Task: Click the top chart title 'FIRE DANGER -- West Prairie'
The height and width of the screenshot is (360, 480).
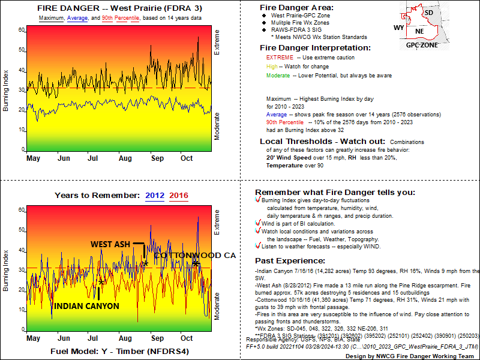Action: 119,8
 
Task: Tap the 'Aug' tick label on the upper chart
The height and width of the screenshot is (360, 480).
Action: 125,158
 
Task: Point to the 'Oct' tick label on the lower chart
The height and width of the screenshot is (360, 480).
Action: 187,338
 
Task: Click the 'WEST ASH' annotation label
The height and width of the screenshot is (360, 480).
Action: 110,244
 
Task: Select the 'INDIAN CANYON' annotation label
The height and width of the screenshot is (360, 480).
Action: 86,306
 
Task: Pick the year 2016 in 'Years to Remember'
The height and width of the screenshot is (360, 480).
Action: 179,196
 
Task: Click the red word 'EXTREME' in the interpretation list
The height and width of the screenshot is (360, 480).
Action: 279,58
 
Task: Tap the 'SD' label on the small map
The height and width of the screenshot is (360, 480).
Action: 428,13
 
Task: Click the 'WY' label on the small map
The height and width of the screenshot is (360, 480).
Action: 398,28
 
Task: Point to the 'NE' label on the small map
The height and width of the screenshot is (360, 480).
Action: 419,31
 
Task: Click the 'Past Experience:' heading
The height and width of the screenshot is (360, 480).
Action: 290,261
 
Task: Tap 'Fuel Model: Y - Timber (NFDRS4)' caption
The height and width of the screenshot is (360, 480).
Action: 119,350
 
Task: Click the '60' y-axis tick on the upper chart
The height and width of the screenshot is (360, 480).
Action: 22,29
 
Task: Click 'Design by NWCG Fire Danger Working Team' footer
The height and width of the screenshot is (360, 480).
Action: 403,355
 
